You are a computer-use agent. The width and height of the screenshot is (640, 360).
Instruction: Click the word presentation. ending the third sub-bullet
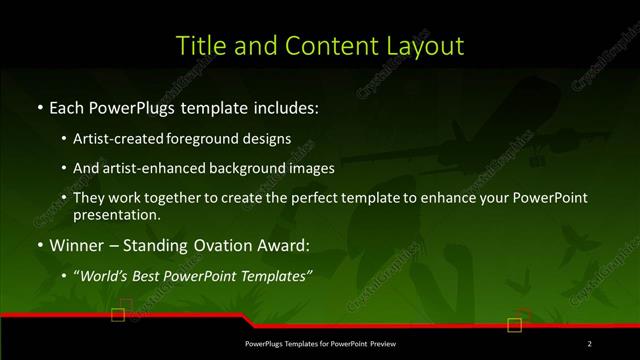tap(116, 214)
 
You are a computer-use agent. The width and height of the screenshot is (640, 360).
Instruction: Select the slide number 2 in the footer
tap(590, 344)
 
